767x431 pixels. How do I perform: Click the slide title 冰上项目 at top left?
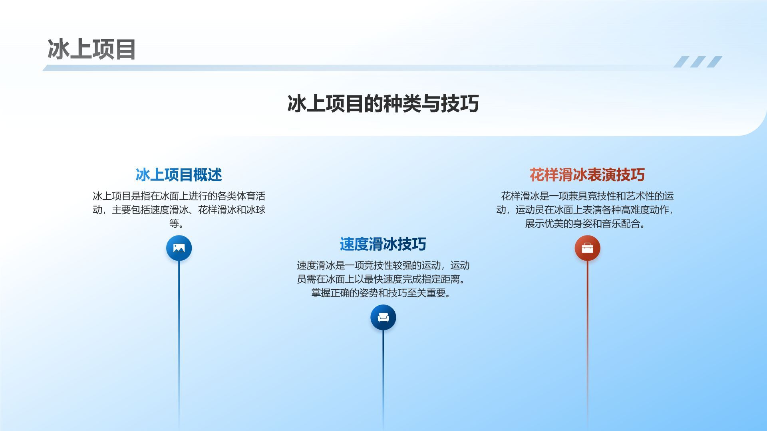coord(92,49)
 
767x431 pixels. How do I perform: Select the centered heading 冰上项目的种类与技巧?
coord(383,103)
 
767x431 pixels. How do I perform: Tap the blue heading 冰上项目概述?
coord(179,175)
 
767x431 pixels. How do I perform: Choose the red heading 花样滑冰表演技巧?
coord(587,175)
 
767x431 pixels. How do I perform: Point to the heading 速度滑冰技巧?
coord(383,244)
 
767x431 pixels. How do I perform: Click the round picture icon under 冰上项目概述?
coord(179,248)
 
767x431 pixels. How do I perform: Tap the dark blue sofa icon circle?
coord(383,318)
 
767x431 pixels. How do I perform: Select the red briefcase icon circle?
coord(587,248)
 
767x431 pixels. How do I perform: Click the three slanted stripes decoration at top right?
coord(698,62)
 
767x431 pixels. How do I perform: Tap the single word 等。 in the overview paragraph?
coord(177,223)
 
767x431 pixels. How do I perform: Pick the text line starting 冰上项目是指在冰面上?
coord(179,196)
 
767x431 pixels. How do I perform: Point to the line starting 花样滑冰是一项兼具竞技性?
coord(587,196)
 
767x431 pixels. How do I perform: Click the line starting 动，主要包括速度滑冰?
coord(179,210)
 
